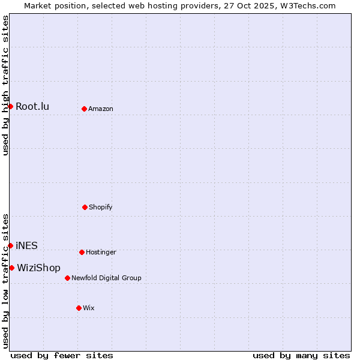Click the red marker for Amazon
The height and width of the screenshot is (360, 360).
(84, 109)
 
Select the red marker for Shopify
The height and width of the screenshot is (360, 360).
(85, 207)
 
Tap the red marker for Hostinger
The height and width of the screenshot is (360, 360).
(82, 252)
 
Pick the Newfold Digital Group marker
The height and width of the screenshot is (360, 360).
(67, 278)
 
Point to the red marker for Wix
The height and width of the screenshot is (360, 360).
(79, 308)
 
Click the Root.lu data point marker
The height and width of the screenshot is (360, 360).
(10, 106)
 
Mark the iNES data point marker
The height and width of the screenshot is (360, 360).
(10, 245)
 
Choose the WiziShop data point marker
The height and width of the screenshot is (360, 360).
(11, 268)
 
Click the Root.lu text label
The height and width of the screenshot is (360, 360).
(32, 107)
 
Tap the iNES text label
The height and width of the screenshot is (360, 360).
(26, 246)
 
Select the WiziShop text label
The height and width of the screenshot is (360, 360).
(38, 268)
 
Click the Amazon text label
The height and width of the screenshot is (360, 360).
(101, 109)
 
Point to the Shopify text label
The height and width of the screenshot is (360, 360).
(101, 208)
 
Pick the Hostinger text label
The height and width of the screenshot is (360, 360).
(101, 253)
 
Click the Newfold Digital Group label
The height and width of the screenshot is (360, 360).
(106, 278)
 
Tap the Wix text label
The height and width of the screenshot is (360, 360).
(89, 308)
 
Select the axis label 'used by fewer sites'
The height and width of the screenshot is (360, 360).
(62, 355)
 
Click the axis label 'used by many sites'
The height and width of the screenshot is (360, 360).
(301, 355)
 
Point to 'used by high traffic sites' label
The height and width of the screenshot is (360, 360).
(5, 85)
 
